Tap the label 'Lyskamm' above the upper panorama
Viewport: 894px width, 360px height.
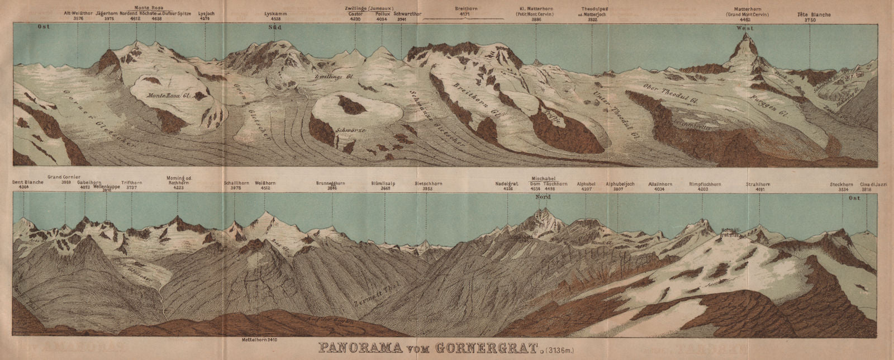[275, 13]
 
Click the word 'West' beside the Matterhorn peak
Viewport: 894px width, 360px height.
[745, 28]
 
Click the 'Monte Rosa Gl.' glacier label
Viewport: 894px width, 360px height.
[169, 96]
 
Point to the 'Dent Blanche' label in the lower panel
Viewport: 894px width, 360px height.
[24, 183]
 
